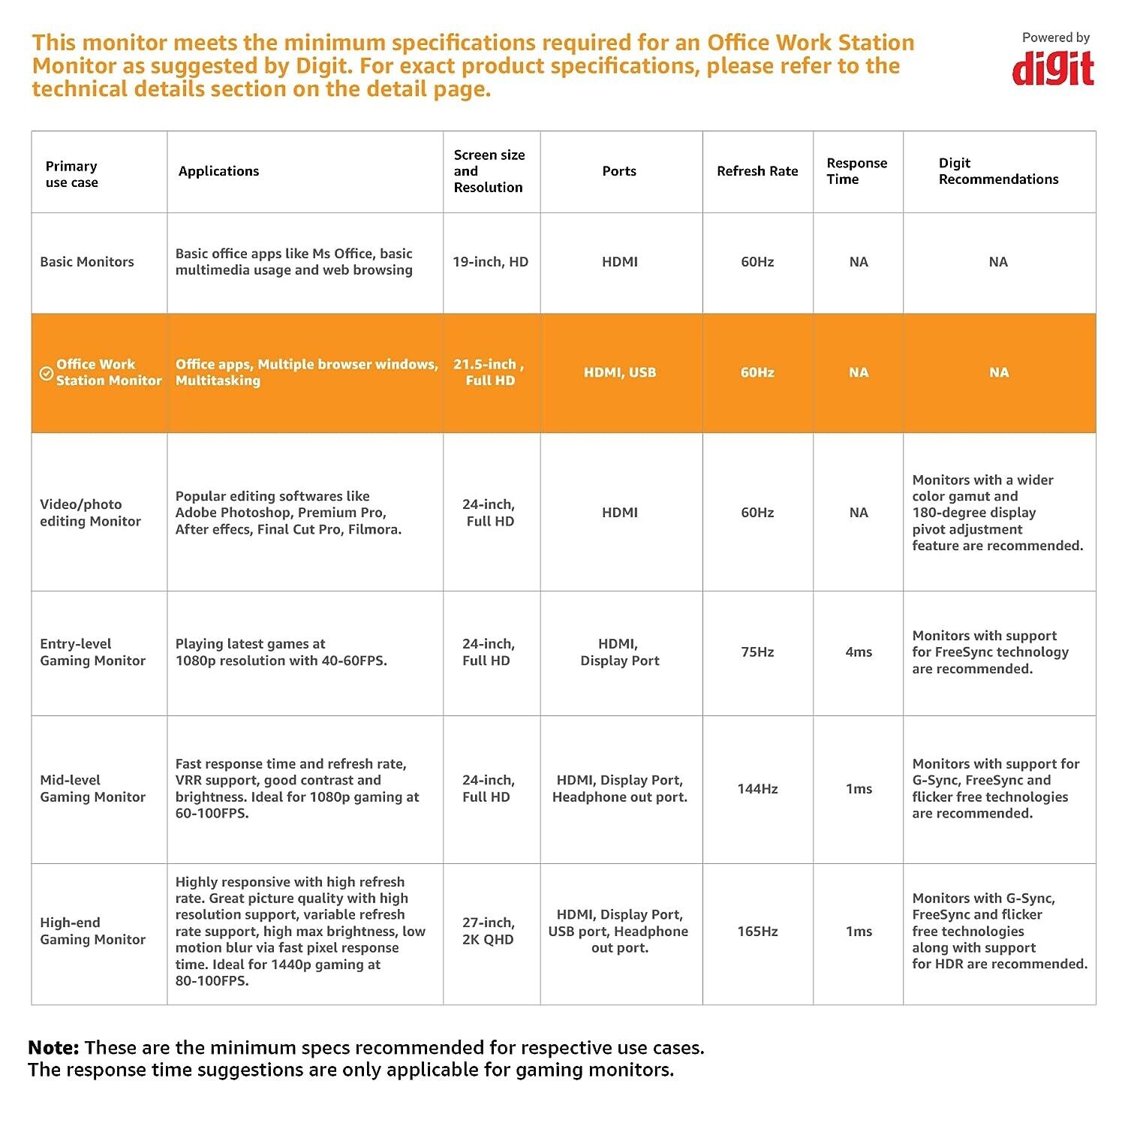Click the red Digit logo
point(1053,69)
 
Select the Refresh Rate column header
point(757,171)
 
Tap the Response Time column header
point(856,171)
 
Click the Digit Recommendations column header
point(998,171)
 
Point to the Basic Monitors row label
point(87,262)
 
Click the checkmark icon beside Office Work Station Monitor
point(46,373)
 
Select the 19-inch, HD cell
point(490,262)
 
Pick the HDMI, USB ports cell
point(620,372)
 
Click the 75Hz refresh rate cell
point(757,652)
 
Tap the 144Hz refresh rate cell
point(757,789)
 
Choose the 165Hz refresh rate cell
point(757,932)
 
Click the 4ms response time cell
point(859,652)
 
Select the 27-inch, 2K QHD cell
point(488,931)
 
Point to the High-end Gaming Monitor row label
point(92,931)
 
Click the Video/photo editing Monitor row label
point(90,513)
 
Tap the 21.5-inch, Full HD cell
point(489,372)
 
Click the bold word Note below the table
point(53,1048)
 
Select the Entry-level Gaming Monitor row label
point(92,652)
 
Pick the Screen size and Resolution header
point(489,171)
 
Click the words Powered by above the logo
point(1055,38)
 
